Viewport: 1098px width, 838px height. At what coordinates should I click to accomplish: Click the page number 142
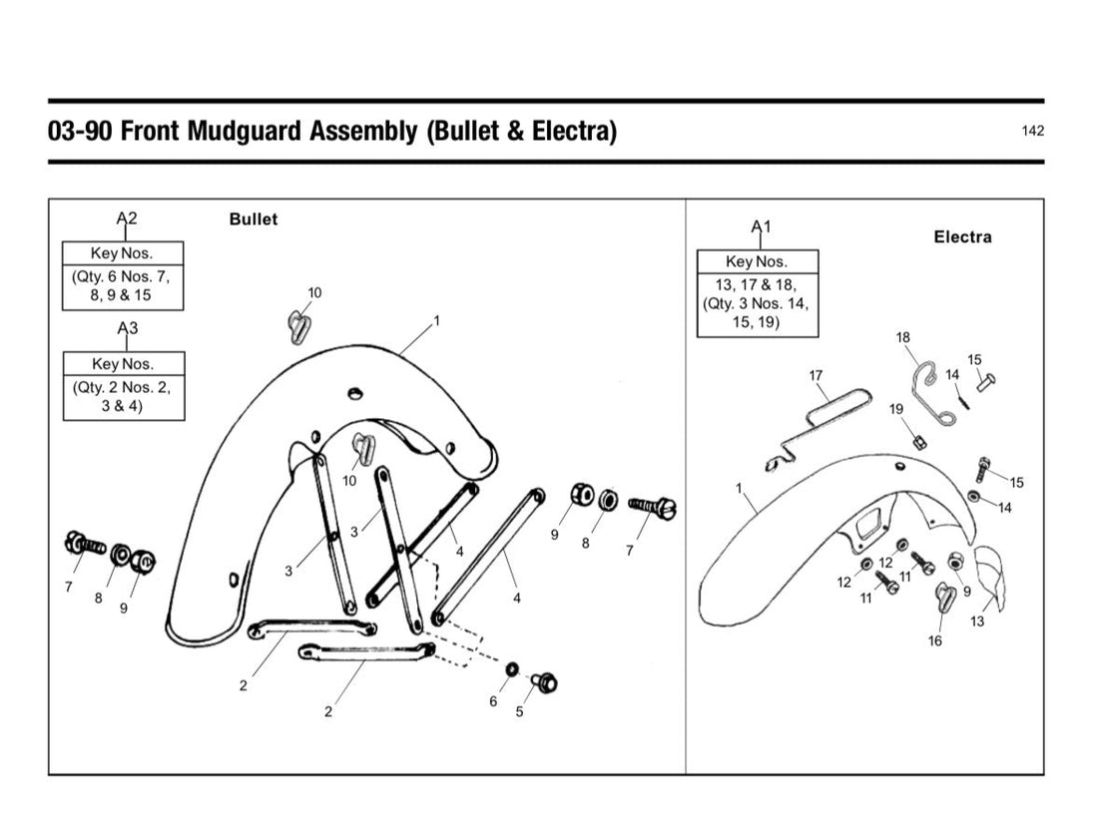point(1033,131)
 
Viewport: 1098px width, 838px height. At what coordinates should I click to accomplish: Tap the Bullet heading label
point(254,219)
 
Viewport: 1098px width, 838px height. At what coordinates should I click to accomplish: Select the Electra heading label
point(963,236)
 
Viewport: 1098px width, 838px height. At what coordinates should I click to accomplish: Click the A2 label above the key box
point(127,218)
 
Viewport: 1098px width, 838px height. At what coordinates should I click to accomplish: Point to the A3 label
point(128,327)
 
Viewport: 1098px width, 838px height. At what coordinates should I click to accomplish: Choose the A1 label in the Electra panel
point(762,226)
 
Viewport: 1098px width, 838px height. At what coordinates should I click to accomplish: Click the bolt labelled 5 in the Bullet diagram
point(544,681)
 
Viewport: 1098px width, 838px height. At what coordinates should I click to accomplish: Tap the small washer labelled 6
point(512,669)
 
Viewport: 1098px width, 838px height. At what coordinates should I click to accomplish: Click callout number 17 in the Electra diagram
point(816,375)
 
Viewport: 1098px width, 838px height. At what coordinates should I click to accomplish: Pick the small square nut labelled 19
point(919,442)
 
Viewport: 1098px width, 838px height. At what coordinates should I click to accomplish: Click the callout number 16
point(935,640)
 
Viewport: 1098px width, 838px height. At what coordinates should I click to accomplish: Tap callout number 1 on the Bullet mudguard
point(437,320)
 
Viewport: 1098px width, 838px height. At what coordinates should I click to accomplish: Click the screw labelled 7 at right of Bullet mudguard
point(651,507)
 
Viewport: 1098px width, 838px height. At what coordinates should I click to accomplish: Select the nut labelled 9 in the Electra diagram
point(955,562)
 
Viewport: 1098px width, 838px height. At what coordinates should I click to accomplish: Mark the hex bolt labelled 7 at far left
point(83,543)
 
